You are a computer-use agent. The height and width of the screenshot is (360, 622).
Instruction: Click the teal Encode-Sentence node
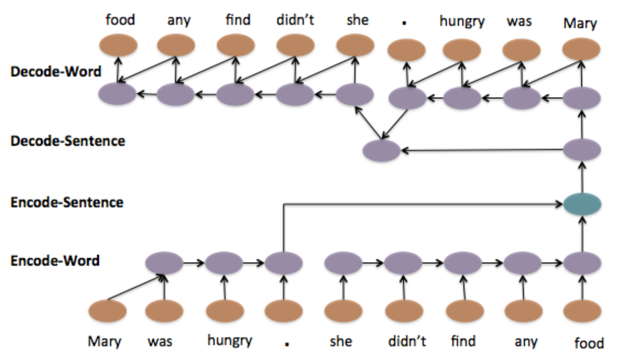582,205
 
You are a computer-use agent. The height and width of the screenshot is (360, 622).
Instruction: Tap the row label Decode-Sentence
68,141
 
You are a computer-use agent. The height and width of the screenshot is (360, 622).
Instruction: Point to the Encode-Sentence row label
67,202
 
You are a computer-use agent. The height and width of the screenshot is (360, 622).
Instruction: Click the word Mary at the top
580,23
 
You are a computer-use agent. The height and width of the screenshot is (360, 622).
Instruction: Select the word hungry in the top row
462,21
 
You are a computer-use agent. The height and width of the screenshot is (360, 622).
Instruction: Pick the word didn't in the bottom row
407,340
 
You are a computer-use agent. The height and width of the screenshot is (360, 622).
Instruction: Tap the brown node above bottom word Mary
107,311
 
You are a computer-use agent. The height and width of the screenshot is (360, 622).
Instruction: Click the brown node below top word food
118,45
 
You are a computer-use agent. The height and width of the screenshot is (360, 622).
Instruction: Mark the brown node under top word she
355,45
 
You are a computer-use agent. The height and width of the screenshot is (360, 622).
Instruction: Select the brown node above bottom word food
582,311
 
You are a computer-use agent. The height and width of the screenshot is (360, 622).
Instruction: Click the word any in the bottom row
525,341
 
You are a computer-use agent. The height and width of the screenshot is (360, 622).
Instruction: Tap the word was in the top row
519,21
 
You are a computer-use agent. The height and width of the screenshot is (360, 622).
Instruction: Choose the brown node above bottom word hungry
224,311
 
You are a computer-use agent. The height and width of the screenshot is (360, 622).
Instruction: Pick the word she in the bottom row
340,340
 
